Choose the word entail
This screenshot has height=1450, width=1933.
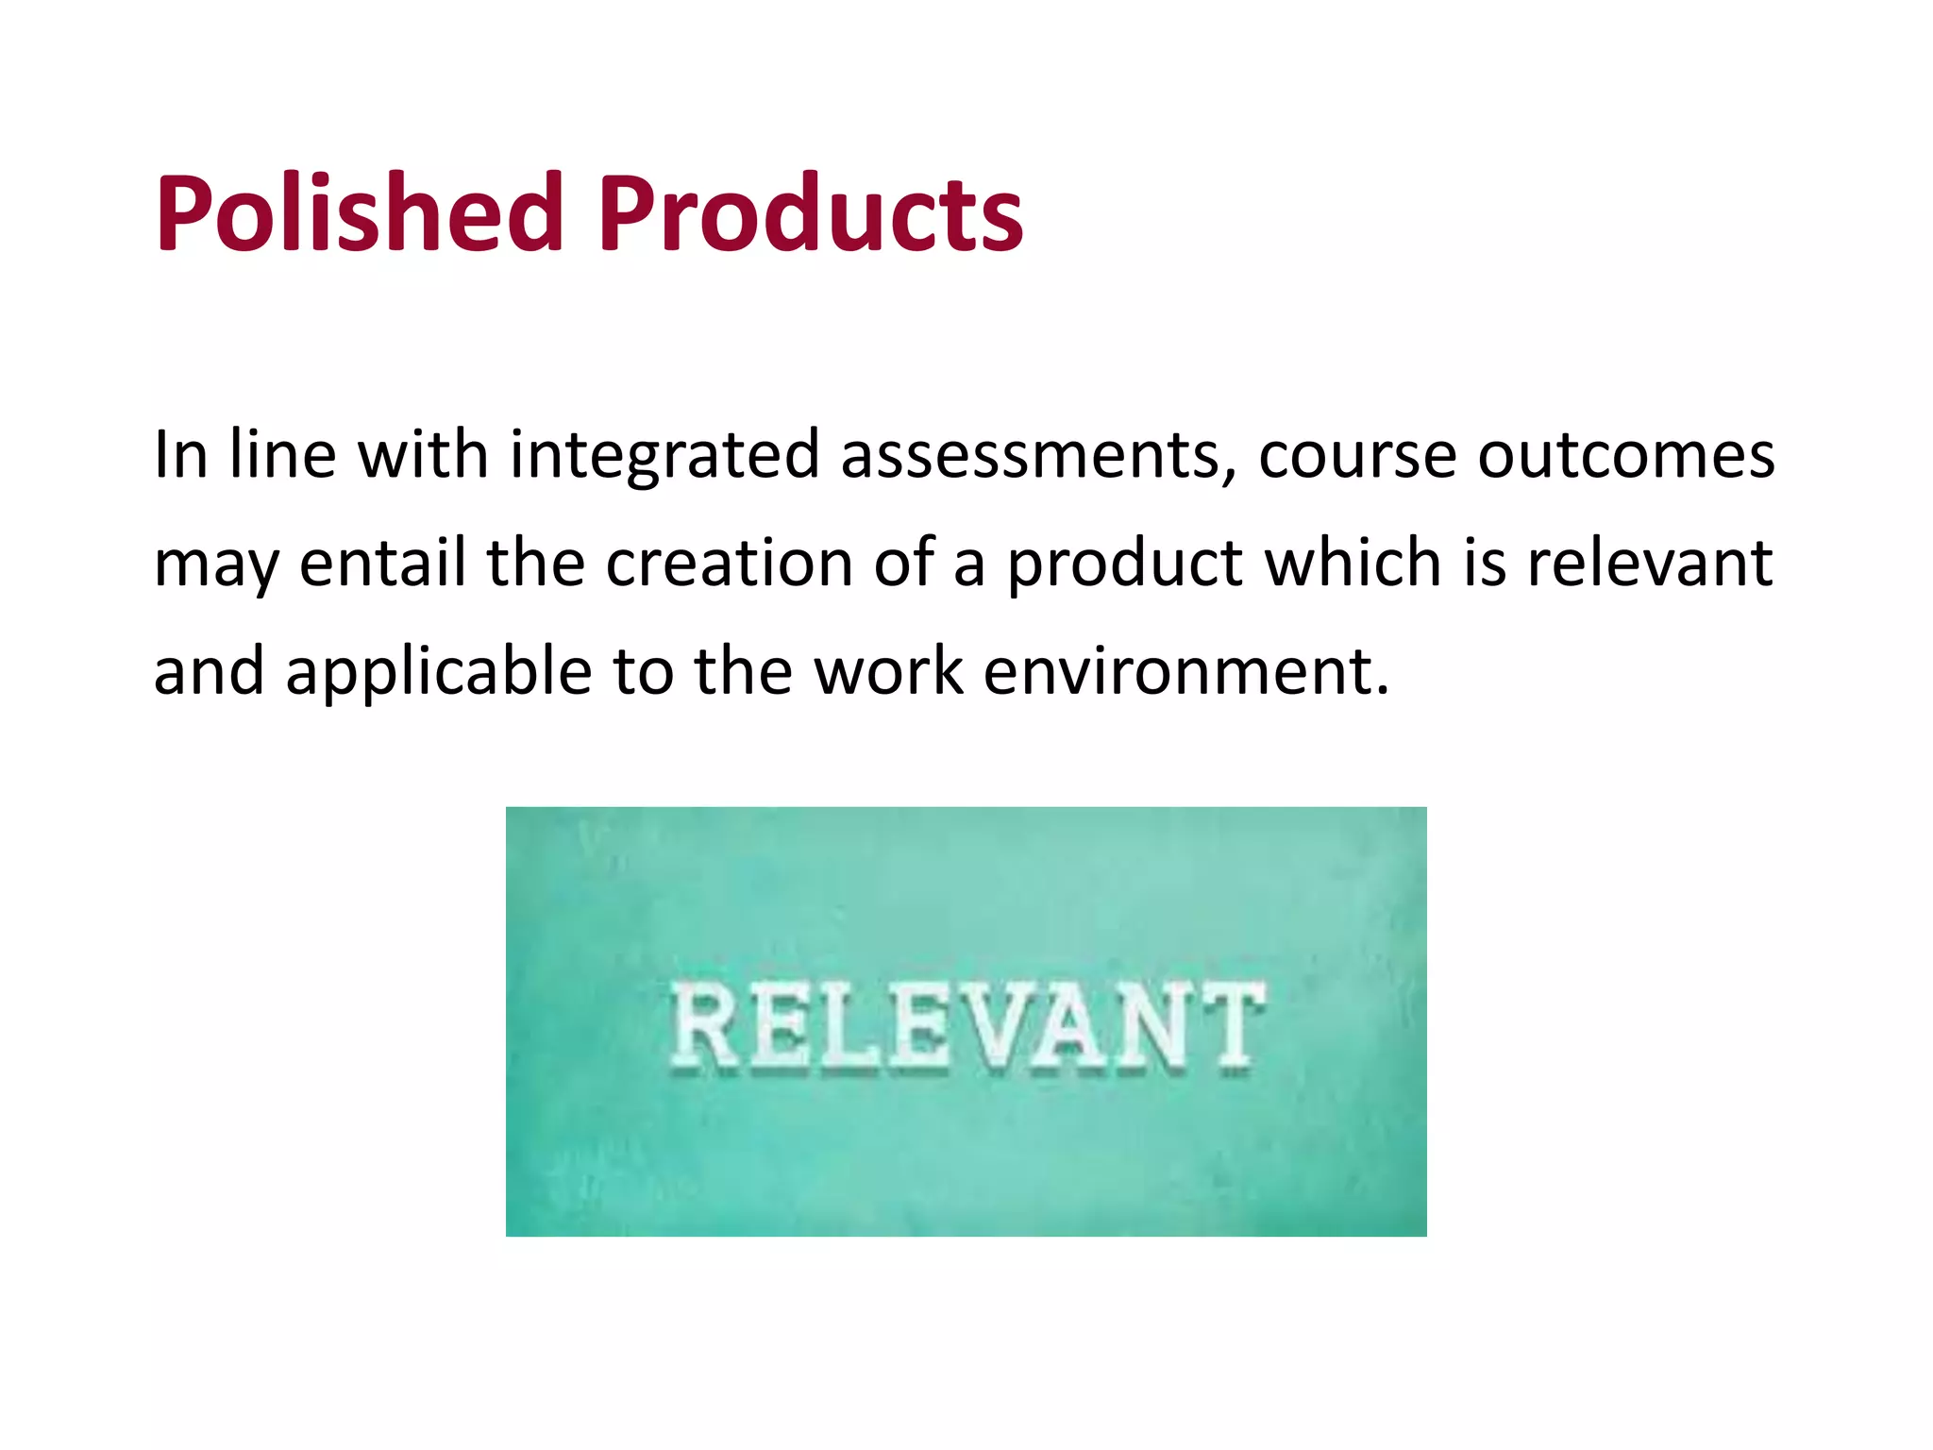382,564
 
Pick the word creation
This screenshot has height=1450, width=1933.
729,564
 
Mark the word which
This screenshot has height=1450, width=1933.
1353,564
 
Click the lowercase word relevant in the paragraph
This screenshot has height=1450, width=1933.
1650,564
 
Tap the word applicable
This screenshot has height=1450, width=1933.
438,672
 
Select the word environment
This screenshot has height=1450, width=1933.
1185,672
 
